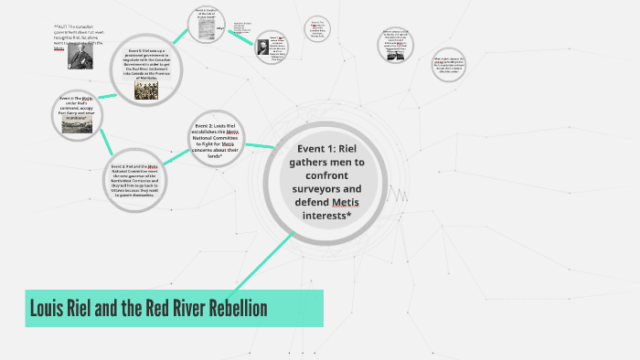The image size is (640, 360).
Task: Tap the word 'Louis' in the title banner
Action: coord(46,308)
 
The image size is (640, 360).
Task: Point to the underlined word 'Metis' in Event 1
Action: coord(346,202)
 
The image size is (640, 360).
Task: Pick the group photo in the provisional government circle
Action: coord(146,90)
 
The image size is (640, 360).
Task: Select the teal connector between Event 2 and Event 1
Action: coord(259,144)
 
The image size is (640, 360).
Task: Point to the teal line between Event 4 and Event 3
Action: coord(107,143)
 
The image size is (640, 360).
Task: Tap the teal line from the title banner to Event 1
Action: coord(265,259)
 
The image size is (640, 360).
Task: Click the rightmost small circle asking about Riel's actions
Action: coord(448,63)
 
